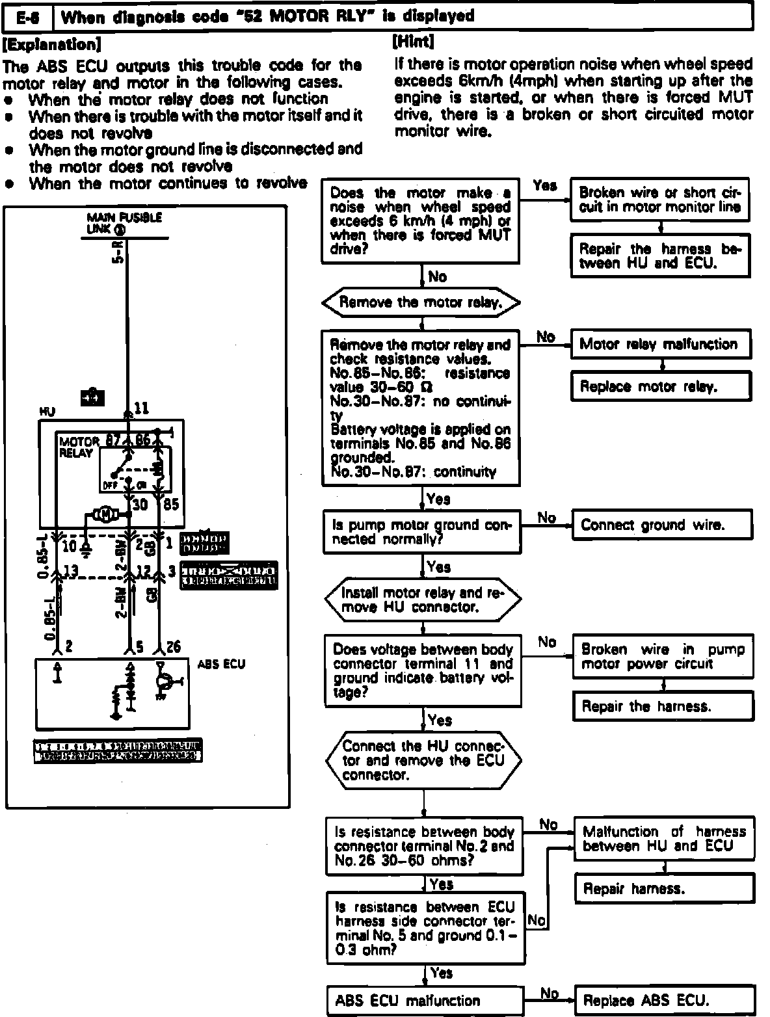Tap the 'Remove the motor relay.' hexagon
[x=421, y=302]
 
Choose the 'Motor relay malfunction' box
[x=659, y=344]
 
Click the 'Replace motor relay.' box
[x=659, y=386]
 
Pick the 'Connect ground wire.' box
[x=661, y=525]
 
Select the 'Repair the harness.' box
[x=663, y=706]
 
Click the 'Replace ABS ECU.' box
[x=664, y=1000]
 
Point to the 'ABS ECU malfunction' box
[x=425, y=1000]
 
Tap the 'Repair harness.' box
[x=664, y=888]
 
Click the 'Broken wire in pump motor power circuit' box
[x=662, y=657]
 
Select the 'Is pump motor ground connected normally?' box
[x=422, y=532]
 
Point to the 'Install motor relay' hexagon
[x=422, y=600]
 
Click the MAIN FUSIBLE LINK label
[x=124, y=223]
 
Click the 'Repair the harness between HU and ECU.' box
[x=660, y=256]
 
